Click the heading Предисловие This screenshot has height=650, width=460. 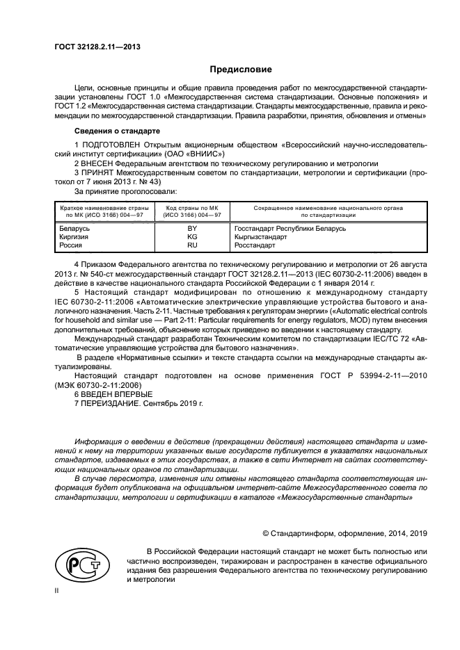coord(241,70)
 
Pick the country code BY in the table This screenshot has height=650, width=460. coord(193,229)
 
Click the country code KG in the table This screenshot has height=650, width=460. coord(193,237)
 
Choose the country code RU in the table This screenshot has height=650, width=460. coord(193,245)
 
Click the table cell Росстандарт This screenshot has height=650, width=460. coord(255,245)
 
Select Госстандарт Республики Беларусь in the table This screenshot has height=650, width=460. coord(290,229)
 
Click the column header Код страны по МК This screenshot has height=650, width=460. coord(193,208)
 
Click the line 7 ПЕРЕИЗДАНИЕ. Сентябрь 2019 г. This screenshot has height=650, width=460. coord(138,403)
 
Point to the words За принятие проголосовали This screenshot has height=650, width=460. coord(125,190)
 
